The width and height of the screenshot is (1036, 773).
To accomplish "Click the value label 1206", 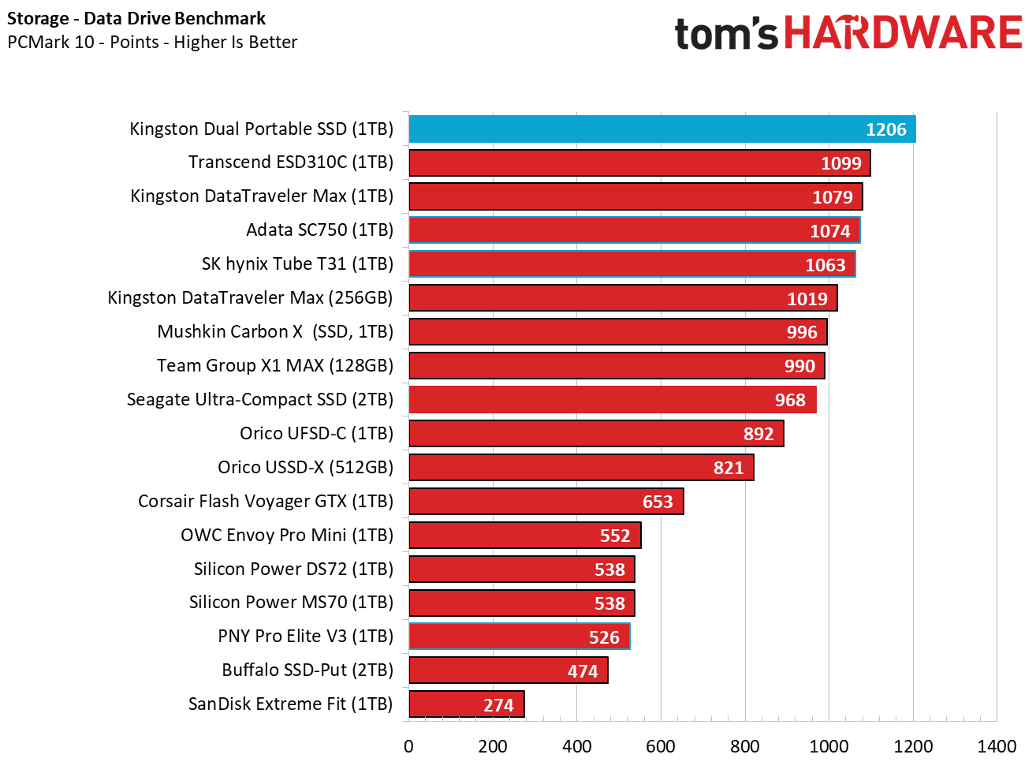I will click(885, 129).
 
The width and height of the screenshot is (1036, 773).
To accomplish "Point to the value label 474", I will click(583, 671).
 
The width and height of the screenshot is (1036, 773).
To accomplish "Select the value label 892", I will click(758, 434).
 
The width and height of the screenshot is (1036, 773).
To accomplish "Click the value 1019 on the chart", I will click(807, 299).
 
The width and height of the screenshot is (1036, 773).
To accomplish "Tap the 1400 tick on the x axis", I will click(997, 746).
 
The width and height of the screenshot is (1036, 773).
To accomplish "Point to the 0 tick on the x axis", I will click(408, 746).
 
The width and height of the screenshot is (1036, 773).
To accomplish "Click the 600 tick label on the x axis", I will click(660, 746).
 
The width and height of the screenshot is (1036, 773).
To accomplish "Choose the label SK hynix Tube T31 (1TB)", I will click(297, 264).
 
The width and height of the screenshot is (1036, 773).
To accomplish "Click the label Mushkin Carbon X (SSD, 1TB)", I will click(275, 332).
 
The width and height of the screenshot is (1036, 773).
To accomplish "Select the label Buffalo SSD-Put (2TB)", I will click(307, 670).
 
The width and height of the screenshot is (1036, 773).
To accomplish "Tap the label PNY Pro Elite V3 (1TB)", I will click(305, 637).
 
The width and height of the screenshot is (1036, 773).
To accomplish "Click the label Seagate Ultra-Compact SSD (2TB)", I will click(260, 400).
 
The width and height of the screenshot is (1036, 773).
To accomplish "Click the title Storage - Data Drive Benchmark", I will click(136, 18).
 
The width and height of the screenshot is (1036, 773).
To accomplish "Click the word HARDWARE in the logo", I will click(904, 33).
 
